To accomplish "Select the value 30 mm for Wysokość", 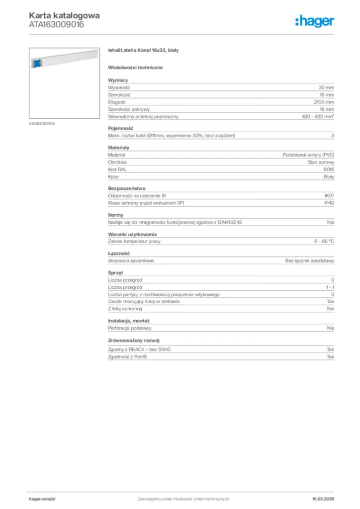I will [x=326, y=87].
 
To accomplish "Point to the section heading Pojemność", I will [x=119, y=128].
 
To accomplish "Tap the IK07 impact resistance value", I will [x=329, y=196].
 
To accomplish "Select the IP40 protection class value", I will [x=329, y=203].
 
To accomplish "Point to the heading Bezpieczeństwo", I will [x=126, y=188].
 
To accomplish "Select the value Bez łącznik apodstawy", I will [x=310, y=260].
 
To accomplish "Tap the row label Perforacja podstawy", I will [x=130, y=328].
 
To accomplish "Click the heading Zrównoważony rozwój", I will [x=133, y=340].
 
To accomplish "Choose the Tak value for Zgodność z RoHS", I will [x=330, y=356].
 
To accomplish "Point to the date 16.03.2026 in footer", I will [x=323, y=499].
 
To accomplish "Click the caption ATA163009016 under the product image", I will [x=42, y=123].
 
